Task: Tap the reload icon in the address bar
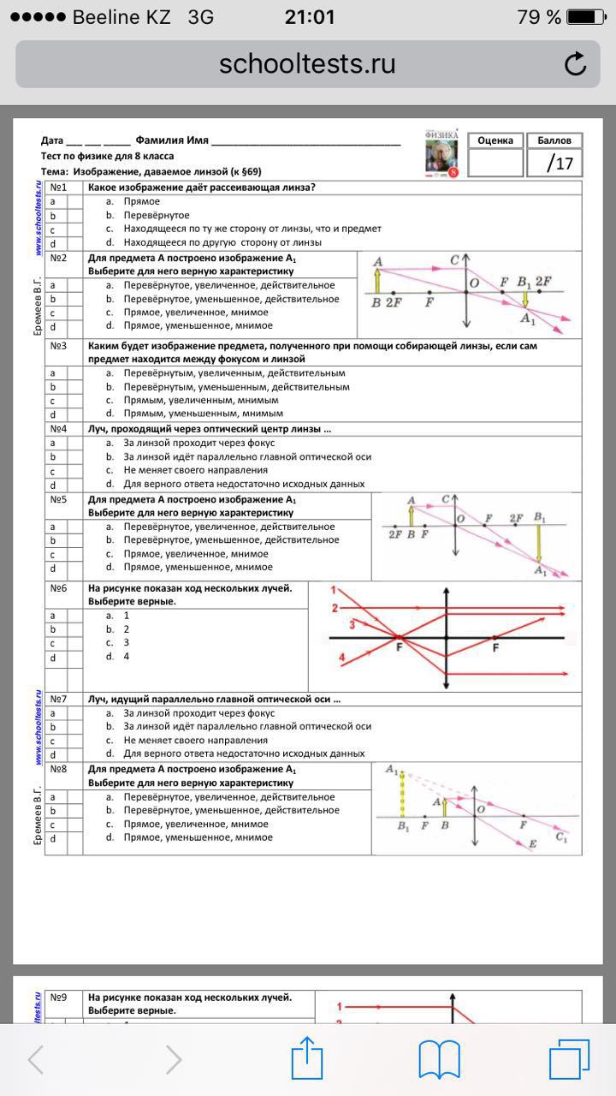(576, 64)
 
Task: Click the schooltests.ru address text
(307, 64)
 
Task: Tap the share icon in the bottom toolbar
(307, 1059)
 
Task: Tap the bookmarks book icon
(440, 1060)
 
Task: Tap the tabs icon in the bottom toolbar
(570, 1059)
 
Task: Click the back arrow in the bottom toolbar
(36, 1060)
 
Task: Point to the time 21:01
(308, 17)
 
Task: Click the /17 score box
(553, 163)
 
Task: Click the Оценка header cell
(495, 140)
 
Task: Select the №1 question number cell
(58, 188)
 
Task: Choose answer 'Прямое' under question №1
(141, 201)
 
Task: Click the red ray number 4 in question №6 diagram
(342, 658)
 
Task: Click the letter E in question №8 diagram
(532, 845)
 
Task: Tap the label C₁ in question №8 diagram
(561, 837)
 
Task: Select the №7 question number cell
(58, 700)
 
